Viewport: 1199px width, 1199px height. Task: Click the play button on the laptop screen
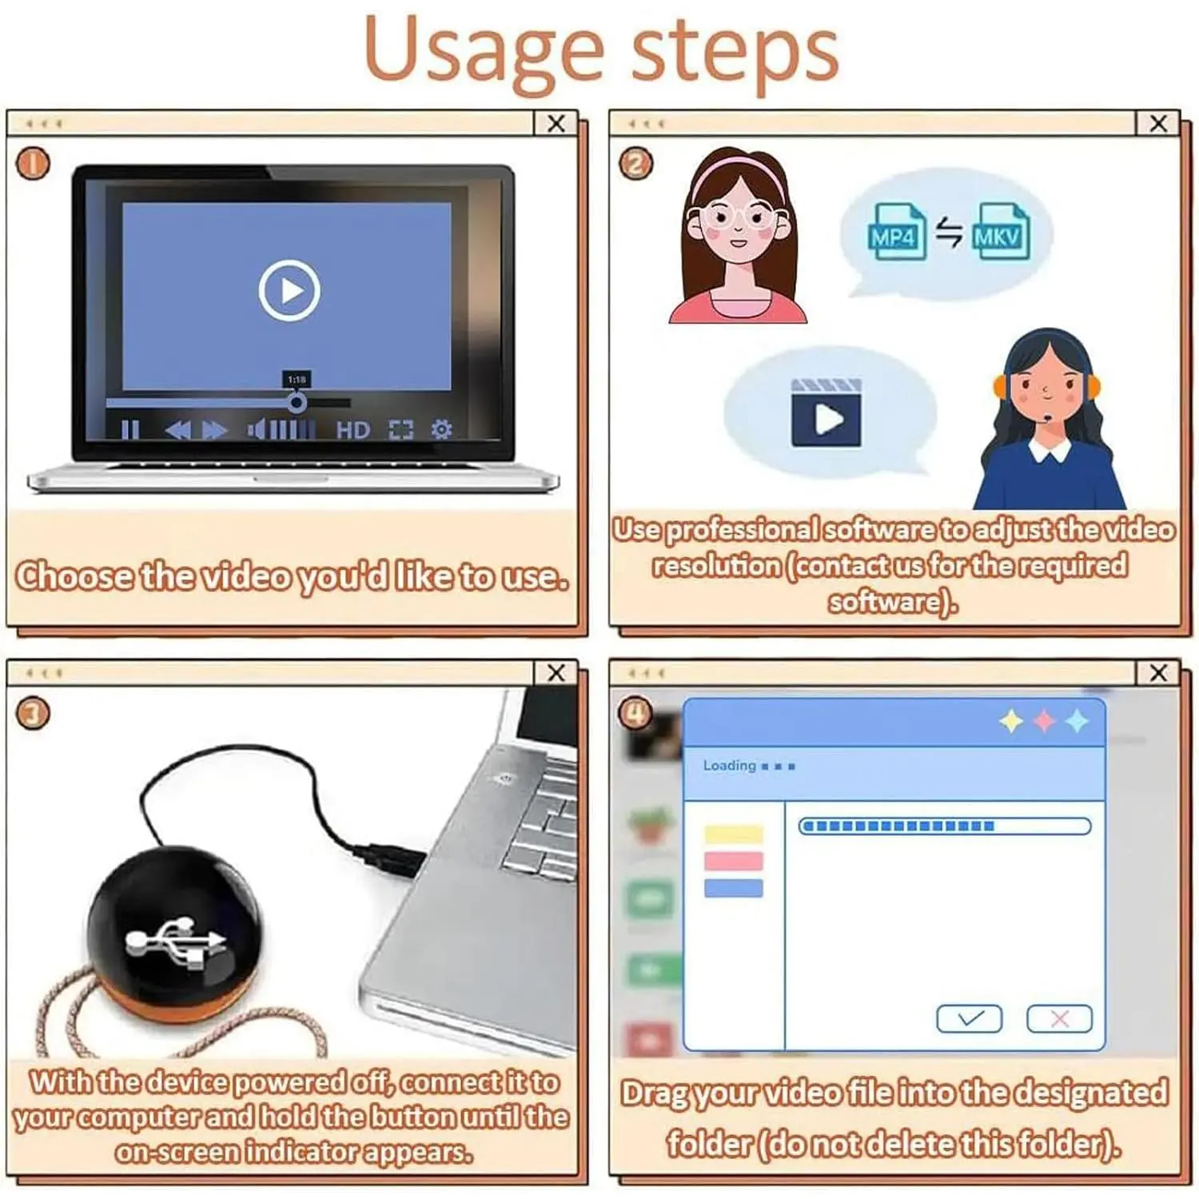click(289, 290)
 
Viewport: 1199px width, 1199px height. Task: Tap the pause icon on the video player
click(130, 430)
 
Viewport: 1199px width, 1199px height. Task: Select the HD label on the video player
click(353, 430)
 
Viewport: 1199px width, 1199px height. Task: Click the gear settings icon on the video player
click(441, 429)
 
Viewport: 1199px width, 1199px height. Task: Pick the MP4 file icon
click(897, 232)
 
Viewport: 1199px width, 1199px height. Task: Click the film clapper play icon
click(827, 413)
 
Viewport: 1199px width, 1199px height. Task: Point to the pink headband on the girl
click(736, 172)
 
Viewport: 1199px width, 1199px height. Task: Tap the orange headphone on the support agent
click(1000, 386)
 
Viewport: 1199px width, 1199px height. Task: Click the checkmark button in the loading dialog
click(969, 1018)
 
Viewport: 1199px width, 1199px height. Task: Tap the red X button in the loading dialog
click(1059, 1018)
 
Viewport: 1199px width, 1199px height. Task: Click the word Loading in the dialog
click(729, 766)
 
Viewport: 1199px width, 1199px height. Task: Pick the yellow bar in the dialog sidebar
click(733, 835)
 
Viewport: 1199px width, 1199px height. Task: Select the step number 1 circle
click(33, 164)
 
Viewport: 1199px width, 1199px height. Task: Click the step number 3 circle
click(33, 713)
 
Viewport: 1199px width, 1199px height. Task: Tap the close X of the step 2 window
click(1158, 123)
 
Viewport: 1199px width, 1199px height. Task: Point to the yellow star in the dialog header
click(1011, 721)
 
